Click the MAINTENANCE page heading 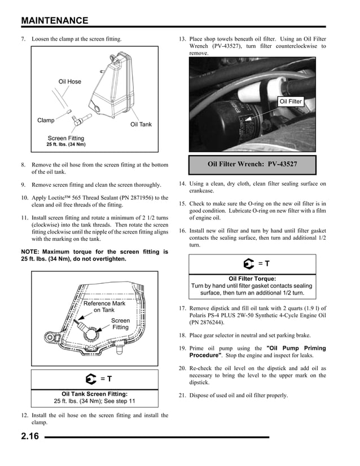pyautogui.click(x=54, y=21)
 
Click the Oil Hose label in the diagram pyautogui.click(x=70, y=82)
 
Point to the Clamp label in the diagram pyautogui.click(x=46, y=121)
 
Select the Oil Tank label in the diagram pyautogui.click(x=141, y=124)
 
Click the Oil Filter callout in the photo pyautogui.click(x=291, y=102)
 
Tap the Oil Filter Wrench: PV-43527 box pyautogui.click(x=252, y=164)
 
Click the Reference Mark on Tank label pyautogui.click(x=104, y=306)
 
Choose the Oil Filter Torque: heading pyautogui.click(x=252, y=279)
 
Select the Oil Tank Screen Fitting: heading pyautogui.click(x=94, y=394)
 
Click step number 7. pyautogui.click(x=24, y=39)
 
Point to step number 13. pyautogui.click(x=182, y=39)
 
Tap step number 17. pyautogui.click(x=182, y=308)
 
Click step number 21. pyautogui.click(x=182, y=395)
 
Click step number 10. pyautogui.click(x=25, y=197)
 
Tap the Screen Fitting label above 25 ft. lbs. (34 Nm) pyautogui.click(x=65, y=138)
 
